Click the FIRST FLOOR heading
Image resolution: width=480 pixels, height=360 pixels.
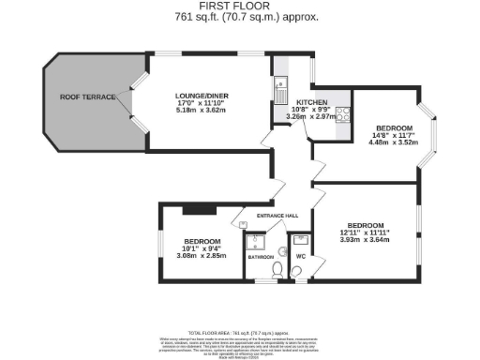pos(240,7)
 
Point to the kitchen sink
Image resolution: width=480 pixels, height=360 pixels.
pos(278,91)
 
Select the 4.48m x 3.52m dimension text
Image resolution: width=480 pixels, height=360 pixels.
pos(394,143)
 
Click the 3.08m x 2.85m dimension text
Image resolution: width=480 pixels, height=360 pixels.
pos(202,255)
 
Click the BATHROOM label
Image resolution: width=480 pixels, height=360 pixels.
pos(261,255)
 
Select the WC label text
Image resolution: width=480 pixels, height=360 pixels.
pos(301,254)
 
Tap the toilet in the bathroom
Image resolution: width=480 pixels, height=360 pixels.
pos(275,270)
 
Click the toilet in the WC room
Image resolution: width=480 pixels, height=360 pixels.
pos(296,270)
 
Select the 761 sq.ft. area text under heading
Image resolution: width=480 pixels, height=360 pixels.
pos(240,17)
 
